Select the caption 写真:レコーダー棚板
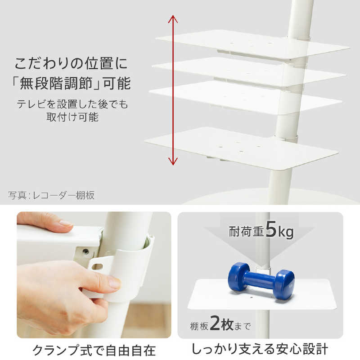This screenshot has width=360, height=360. coord(51,195)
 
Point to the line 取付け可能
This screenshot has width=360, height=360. coord(72,117)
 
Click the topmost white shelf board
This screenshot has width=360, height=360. coord(252,44)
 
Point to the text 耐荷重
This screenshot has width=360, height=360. coord(243,232)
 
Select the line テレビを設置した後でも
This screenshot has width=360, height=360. coord(72,104)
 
